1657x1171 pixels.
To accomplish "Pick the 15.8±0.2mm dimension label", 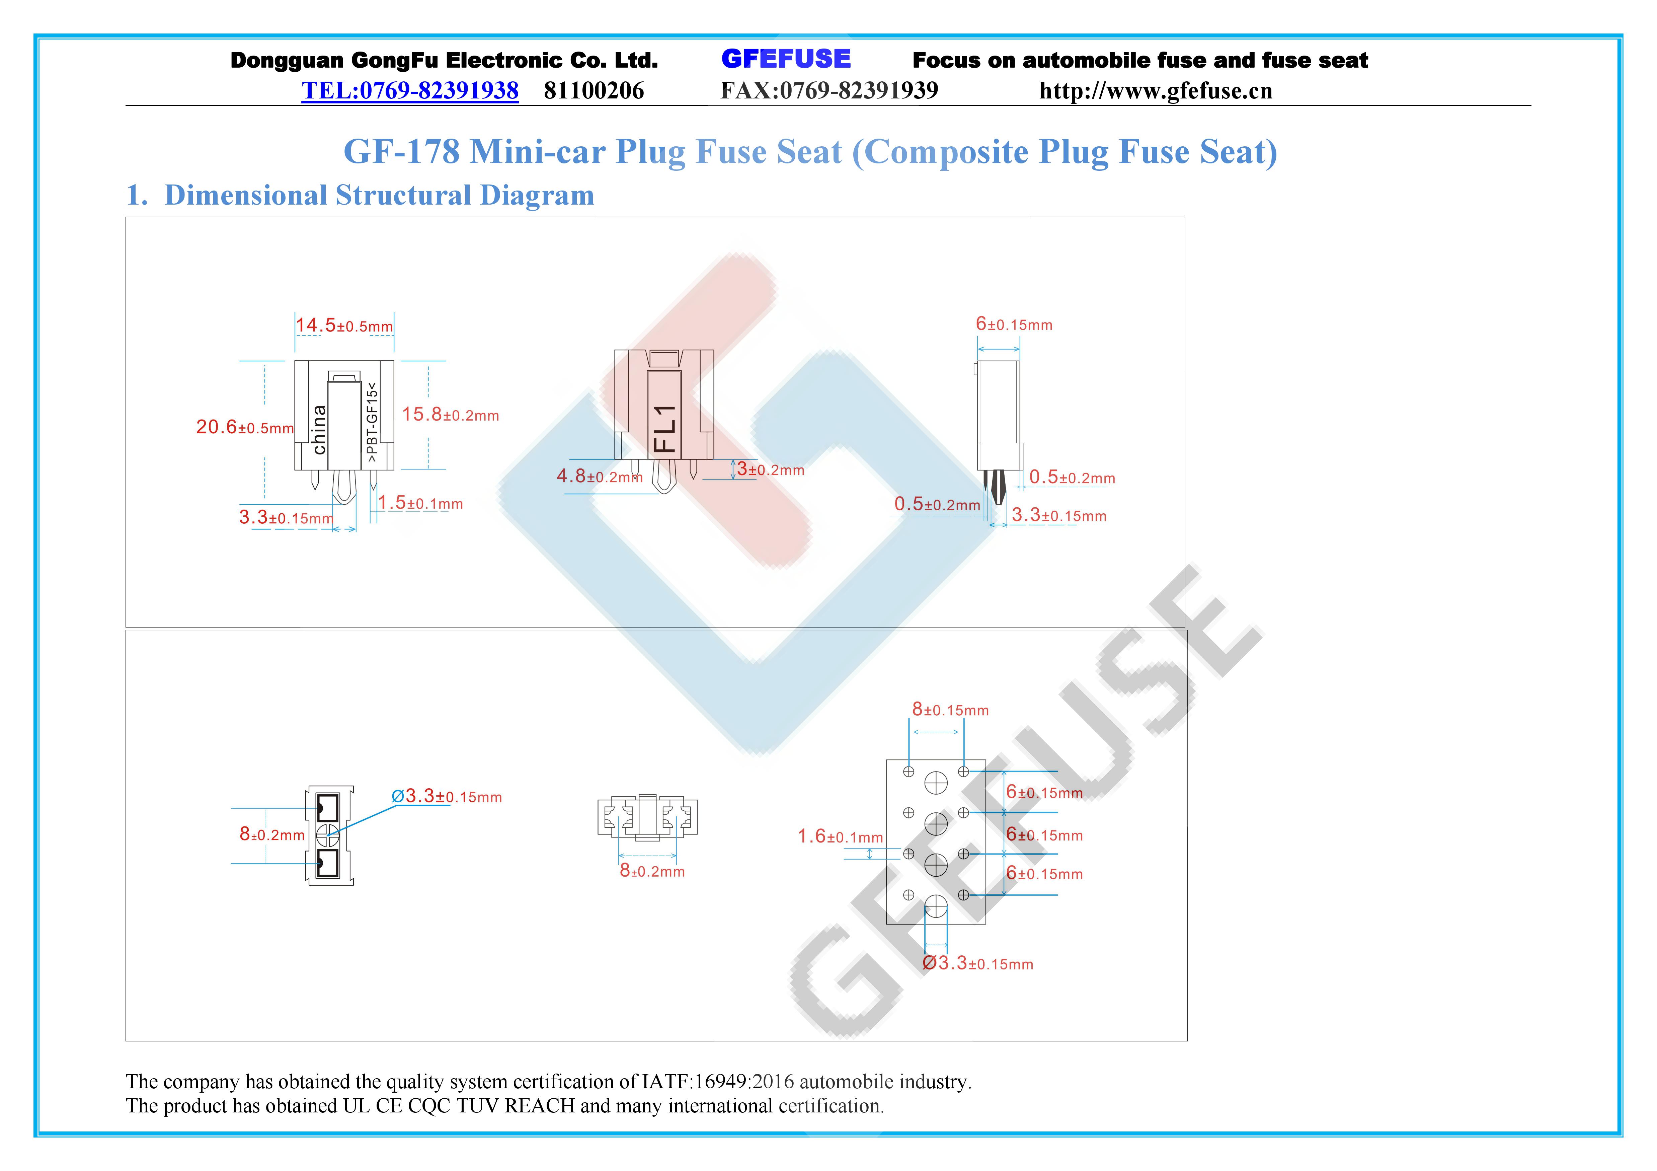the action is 450,415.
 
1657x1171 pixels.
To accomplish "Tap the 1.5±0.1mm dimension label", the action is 421,503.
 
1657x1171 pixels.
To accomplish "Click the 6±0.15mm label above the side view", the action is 1014,324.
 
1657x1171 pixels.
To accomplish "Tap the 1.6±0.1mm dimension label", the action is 840,837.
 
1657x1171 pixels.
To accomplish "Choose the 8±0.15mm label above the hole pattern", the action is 950,710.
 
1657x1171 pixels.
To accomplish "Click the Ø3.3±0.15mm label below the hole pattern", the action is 978,963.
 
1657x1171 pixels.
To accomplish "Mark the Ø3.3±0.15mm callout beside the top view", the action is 447,796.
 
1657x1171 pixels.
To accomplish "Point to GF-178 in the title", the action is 401,152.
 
